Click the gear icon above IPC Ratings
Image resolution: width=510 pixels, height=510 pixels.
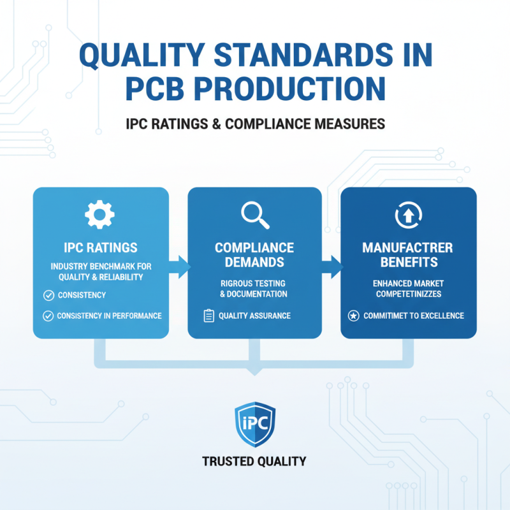click(101, 215)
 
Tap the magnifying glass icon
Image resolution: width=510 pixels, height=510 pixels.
click(254, 215)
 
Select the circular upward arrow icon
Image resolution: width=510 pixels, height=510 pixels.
click(407, 215)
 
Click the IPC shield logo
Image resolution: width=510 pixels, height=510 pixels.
click(254, 422)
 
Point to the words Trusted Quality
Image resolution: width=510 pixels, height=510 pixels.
click(254, 461)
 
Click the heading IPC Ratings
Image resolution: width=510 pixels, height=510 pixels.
click(101, 247)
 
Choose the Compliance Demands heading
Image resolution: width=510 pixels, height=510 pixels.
click(254, 254)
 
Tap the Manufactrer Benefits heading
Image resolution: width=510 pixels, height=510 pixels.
click(407, 254)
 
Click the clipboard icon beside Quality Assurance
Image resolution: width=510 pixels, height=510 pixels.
click(208, 316)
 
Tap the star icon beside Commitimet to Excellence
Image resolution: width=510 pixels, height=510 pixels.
click(353, 316)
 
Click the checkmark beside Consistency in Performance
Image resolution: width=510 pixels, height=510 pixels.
click(47, 316)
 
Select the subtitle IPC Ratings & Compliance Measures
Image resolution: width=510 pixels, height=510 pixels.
click(254, 124)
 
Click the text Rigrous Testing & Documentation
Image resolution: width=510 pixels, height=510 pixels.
click(254, 288)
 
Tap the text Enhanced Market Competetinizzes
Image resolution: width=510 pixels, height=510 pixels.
click(407, 288)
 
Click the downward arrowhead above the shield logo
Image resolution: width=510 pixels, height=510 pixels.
click(254, 370)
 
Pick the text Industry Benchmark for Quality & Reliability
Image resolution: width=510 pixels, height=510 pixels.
click(101, 271)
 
